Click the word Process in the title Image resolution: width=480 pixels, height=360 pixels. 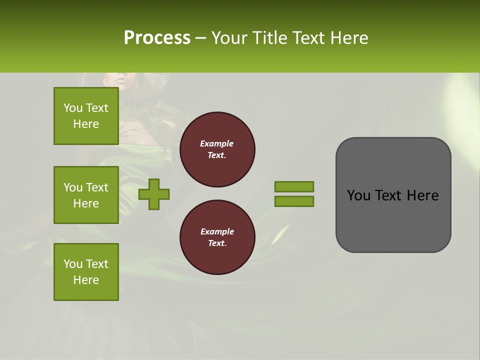coord(157,38)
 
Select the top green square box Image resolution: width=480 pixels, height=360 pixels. coord(86,116)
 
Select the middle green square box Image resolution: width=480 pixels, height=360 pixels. coord(86,195)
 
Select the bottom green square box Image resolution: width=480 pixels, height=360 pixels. coord(86,272)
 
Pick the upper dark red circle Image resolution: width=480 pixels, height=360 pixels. coord(217,149)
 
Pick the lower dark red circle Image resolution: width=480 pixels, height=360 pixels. coord(217,237)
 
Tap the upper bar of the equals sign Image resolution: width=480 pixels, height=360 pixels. coord(294,186)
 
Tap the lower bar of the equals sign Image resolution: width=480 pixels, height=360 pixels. coord(294,201)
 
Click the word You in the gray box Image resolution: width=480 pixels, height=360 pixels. coord(358,195)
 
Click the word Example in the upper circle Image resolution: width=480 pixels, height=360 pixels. coord(217,143)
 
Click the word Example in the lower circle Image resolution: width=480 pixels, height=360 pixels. coord(217,231)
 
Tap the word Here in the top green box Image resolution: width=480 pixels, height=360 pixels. coord(86,124)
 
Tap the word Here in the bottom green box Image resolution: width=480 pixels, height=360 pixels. coord(86,280)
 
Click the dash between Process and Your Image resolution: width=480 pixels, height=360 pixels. coord(201,38)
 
